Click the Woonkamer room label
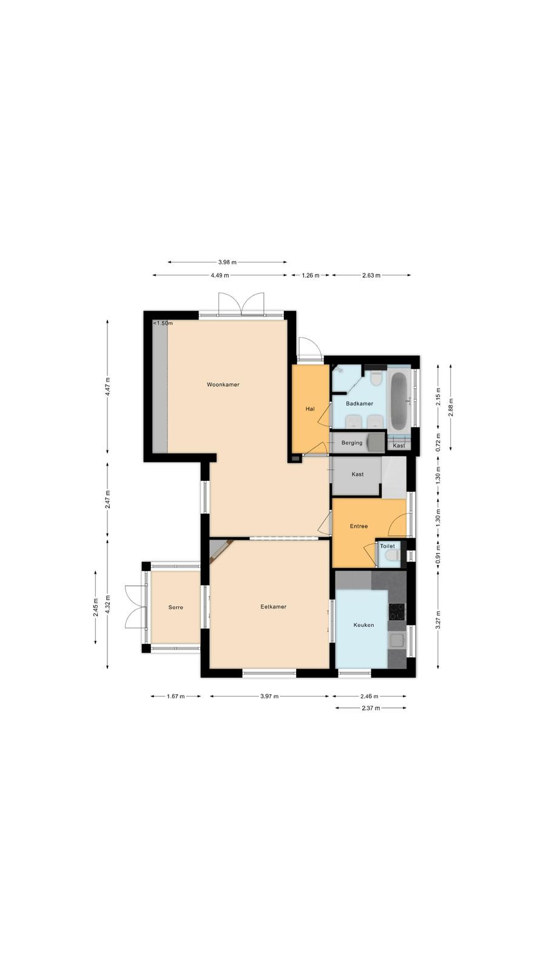(x=223, y=384)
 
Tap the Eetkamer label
(x=274, y=607)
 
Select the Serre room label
(x=175, y=607)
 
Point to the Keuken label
(x=363, y=625)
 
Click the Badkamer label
(x=359, y=404)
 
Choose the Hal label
(x=310, y=409)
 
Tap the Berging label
(x=352, y=443)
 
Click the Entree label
(x=359, y=526)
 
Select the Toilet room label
(x=388, y=546)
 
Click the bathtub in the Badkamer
(x=399, y=401)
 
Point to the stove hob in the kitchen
(x=397, y=612)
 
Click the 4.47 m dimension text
(x=108, y=386)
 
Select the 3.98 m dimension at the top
(x=227, y=262)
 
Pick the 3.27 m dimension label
(x=438, y=620)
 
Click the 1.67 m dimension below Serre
(x=176, y=697)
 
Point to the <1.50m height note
(x=163, y=323)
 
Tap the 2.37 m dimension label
(x=371, y=708)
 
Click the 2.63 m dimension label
(x=371, y=275)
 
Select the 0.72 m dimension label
(x=438, y=442)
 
